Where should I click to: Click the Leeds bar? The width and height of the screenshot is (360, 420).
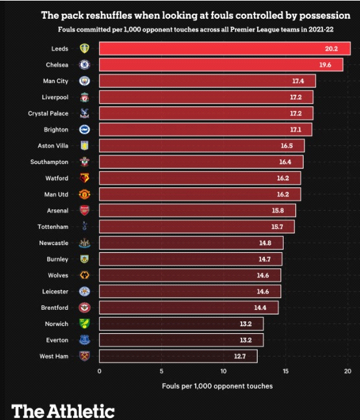[x=224, y=49]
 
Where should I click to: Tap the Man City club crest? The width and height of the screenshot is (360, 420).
[x=84, y=81]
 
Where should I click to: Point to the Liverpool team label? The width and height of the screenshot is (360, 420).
[x=56, y=97]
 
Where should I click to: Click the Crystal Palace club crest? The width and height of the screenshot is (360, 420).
[x=84, y=113]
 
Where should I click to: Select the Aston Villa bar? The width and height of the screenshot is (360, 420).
[x=201, y=146]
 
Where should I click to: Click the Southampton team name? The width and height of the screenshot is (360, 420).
[x=49, y=162]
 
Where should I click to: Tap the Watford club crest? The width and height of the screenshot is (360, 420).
[x=84, y=178]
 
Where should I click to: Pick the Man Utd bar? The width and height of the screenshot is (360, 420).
[x=199, y=194]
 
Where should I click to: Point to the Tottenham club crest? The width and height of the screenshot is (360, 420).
[x=84, y=226]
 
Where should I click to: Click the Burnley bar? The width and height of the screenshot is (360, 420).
[x=190, y=259]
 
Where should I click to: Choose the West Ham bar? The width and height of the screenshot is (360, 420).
[x=178, y=356]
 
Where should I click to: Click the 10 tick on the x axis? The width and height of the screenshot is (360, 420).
[x=223, y=371]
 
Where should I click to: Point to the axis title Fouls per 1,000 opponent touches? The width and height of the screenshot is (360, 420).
[x=217, y=386]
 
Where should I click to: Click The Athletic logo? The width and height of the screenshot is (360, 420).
[x=63, y=410]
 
